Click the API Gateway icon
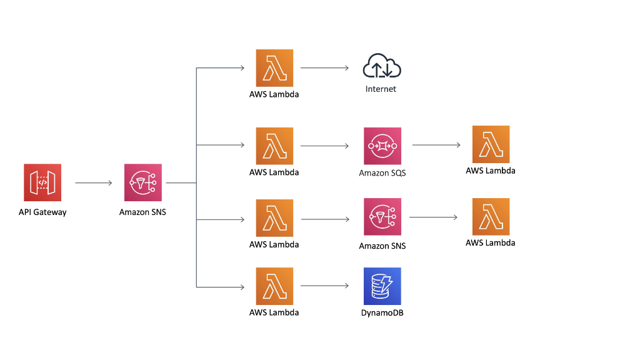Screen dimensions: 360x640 tap(42, 182)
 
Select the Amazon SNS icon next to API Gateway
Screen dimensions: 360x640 tap(143, 182)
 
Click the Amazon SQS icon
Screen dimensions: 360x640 tap(382, 146)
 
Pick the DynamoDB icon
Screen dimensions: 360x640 tap(382, 286)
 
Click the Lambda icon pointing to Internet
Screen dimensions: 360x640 tap(274, 67)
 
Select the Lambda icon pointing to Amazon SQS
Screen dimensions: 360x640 tap(274, 146)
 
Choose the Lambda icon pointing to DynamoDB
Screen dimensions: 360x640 tap(274, 286)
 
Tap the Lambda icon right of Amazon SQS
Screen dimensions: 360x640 tap(491, 144)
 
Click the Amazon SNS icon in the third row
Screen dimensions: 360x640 tap(382, 217)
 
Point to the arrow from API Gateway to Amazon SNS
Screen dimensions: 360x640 tap(93, 183)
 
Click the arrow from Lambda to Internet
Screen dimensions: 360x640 tap(324, 67)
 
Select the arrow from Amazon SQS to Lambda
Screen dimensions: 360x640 tap(436, 145)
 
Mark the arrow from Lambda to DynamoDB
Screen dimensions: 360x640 tap(324, 286)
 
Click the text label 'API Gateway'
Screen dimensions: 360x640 tap(42, 212)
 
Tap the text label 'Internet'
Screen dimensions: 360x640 tap(381, 89)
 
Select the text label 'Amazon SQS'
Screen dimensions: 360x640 tap(382, 172)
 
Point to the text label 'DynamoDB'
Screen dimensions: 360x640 tap(382, 312)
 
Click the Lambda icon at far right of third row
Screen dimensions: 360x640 tap(491, 217)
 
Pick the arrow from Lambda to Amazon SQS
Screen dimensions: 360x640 tap(324, 146)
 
